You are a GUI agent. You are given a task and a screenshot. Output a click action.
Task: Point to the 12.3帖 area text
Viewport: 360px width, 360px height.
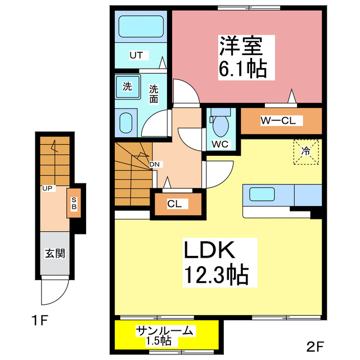(215, 276)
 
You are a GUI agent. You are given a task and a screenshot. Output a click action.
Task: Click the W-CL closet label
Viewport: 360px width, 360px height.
(281, 120)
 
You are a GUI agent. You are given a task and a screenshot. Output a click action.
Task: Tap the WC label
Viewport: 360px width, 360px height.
(219, 143)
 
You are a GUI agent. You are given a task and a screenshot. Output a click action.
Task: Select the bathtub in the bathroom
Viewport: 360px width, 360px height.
(141, 26)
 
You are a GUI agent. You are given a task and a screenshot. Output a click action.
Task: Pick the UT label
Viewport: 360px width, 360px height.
(137, 55)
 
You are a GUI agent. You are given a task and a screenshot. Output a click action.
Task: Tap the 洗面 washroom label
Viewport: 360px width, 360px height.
(154, 93)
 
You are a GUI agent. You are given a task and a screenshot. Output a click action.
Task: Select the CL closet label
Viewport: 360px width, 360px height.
(174, 204)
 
